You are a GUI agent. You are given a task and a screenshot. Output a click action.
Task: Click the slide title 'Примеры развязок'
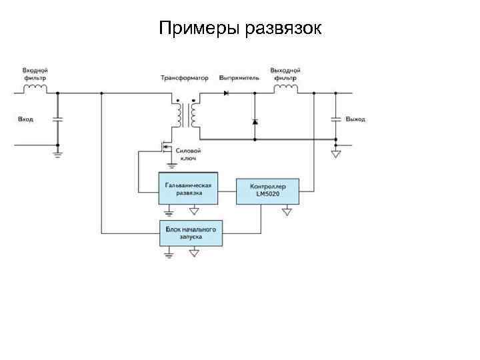click(240, 29)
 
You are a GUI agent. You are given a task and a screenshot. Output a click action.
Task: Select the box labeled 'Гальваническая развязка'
click(189, 189)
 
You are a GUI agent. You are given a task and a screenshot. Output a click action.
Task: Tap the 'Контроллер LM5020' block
click(267, 190)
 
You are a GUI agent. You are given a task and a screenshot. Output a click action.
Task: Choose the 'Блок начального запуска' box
click(191, 233)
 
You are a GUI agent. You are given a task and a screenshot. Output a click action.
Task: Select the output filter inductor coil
click(285, 88)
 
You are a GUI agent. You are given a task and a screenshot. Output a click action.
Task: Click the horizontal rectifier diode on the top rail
click(227, 93)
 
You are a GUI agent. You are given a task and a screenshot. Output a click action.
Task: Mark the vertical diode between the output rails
click(255, 122)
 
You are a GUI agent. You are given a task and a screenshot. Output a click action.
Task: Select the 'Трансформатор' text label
click(184, 78)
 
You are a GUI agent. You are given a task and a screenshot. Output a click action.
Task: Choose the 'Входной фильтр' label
click(35, 73)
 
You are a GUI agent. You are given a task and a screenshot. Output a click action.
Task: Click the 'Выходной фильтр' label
click(285, 73)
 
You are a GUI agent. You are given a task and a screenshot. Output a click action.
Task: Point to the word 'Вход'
click(25, 119)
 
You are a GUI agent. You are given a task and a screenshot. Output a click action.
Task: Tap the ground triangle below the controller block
click(287, 211)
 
